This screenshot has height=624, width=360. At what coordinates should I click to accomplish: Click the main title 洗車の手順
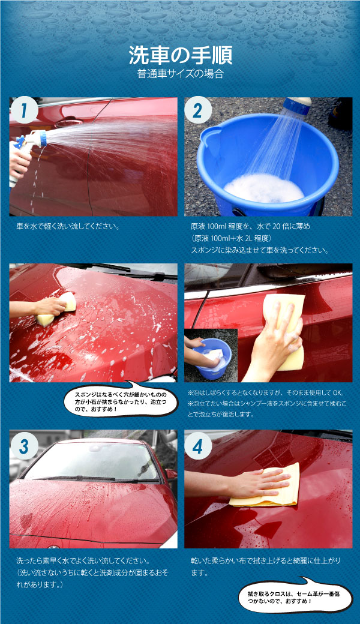pyautogui.click(x=180, y=56)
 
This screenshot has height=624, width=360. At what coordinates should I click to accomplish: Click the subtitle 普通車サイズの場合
pyautogui.click(x=180, y=74)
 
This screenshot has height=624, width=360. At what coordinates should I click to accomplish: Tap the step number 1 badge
pyautogui.click(x=24, y=111)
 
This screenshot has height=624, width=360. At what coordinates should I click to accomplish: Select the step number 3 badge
pyautogui.click(x=24, y=446)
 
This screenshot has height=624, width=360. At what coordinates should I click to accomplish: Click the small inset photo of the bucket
pyautogui.click(x=210, y=354)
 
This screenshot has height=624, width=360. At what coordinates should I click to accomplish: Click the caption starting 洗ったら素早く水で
pyautogui.click(x=90, y=561)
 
